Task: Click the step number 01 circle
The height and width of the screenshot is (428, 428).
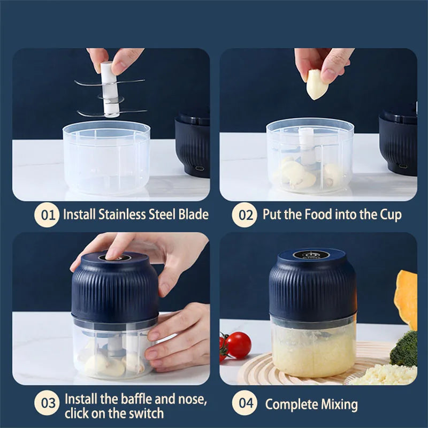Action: click(47, 215)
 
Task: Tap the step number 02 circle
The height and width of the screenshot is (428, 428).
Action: click(245, 215)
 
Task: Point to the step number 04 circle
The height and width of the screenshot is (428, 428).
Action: click(246, 403)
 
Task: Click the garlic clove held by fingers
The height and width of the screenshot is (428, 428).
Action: click(316, 85)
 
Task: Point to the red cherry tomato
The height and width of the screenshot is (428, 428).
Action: click(238, 345)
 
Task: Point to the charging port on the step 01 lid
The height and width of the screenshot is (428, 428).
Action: click(200, 170)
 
